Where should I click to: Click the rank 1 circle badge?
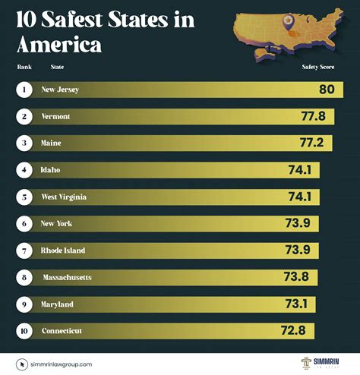[x=25, y=90]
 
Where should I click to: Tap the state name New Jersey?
[x=60, y=90]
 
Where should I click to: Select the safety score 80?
[x=327, y=90]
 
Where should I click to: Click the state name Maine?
[x=52, y=143]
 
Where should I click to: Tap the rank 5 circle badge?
[x=25, y=197]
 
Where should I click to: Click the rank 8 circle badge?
[x=25, y=277]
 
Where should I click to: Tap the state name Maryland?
[x=57, y=304]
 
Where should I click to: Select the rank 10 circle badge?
[x=25, y=331]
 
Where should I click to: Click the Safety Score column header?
[x=317, y=66]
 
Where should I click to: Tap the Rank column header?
[x=24, y=66]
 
